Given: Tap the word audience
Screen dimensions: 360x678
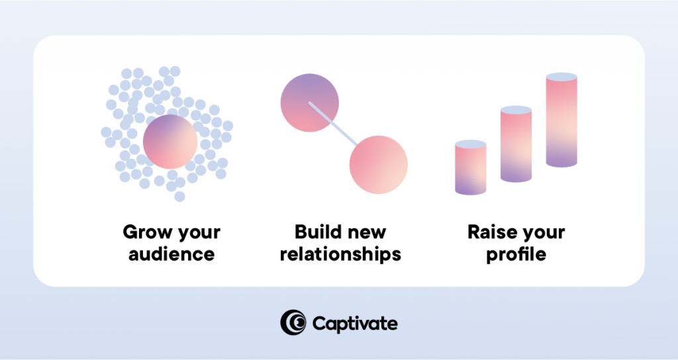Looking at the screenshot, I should pos(171,254).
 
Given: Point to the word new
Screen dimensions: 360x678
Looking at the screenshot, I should pos(367,233).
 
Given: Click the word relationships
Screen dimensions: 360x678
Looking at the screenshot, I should pos(340,254).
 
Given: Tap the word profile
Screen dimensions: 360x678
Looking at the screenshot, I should pos(516,254).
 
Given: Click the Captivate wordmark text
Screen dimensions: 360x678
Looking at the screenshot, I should pos(354,324).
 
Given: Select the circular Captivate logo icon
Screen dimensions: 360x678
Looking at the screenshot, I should pos(293,322).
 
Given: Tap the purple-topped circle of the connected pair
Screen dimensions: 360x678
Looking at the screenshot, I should pos(309,103).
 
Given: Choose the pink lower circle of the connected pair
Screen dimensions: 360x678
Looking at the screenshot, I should pos(378,164).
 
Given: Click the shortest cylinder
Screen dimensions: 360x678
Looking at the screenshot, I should pos(471,170).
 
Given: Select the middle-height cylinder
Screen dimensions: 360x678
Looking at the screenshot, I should pos(516,146).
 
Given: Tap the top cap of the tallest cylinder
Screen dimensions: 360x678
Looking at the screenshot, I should pos(561,77).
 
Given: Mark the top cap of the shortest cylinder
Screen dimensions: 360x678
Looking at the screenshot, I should pos(471,144).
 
